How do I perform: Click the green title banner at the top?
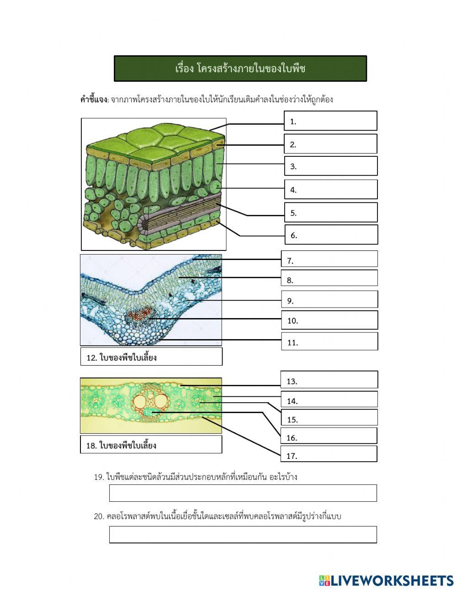point(240,69)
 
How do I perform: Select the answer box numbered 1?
point(330,121)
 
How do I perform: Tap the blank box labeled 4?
point(331,189)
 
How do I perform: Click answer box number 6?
point(331,234)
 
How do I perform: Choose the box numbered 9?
point(329,299)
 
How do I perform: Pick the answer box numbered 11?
point(329,341)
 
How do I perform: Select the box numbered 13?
point(329,380)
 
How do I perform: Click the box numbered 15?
point(329,417)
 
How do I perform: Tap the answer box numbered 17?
point(329,454)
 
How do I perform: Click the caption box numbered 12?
point(151,356)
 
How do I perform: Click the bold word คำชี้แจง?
point(94,99)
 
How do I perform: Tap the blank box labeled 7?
point(329,259)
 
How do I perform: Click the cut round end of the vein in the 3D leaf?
point(144,224)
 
